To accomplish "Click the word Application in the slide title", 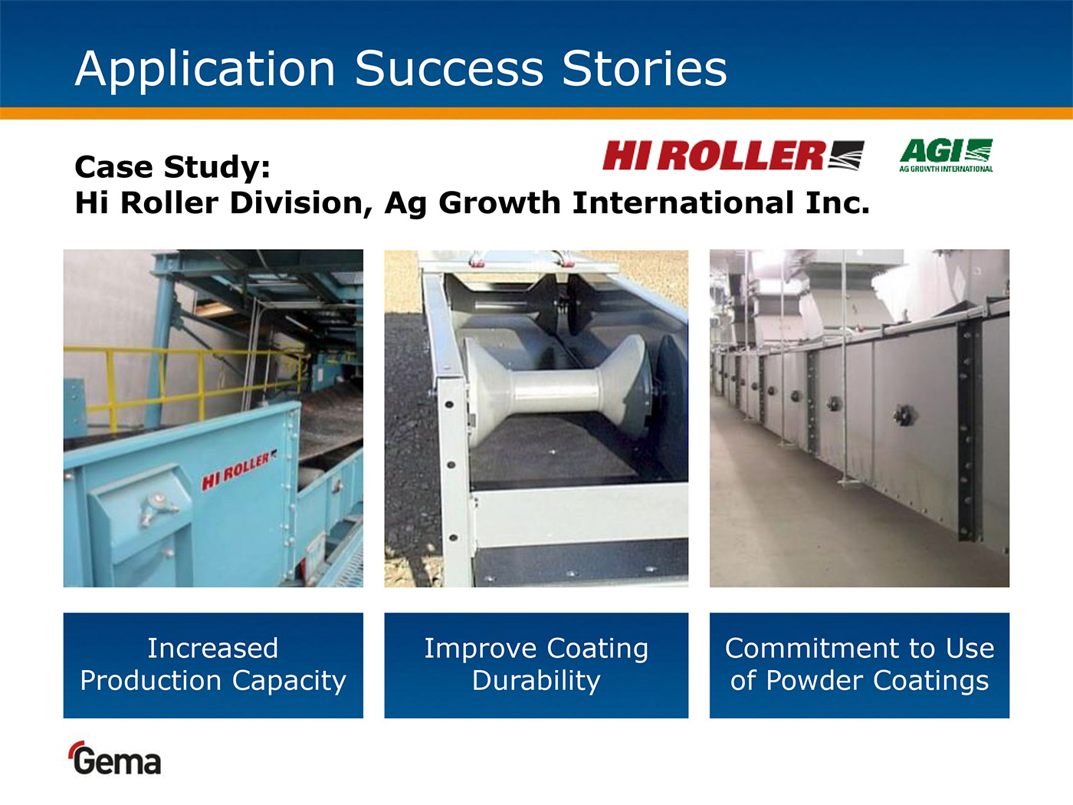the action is click(x=205, y=70).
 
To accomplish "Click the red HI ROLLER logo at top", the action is click(x=733, y=156).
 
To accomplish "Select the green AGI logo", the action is click(x=946, y=156).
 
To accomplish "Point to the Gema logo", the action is click(x=116, y=757).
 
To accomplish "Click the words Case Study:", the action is click(x=172, y=167).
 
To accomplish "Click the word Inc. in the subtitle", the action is click(x=838, y=203).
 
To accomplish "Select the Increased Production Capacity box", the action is click(x=213, y=665).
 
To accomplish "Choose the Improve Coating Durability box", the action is click(x=536, y=665).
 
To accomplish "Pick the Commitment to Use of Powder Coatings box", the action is click(x=859, y=665).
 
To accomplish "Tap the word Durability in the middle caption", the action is click(x=536, y=682).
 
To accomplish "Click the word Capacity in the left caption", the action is click(x=289, y=682).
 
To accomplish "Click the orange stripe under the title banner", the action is click(x=536, y=113).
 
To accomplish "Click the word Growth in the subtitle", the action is click(x=500, y=203).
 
